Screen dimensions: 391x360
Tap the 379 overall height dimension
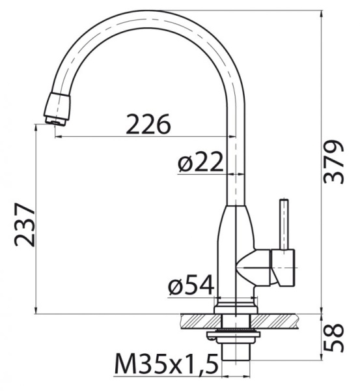335,162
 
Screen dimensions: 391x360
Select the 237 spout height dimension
25,224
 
